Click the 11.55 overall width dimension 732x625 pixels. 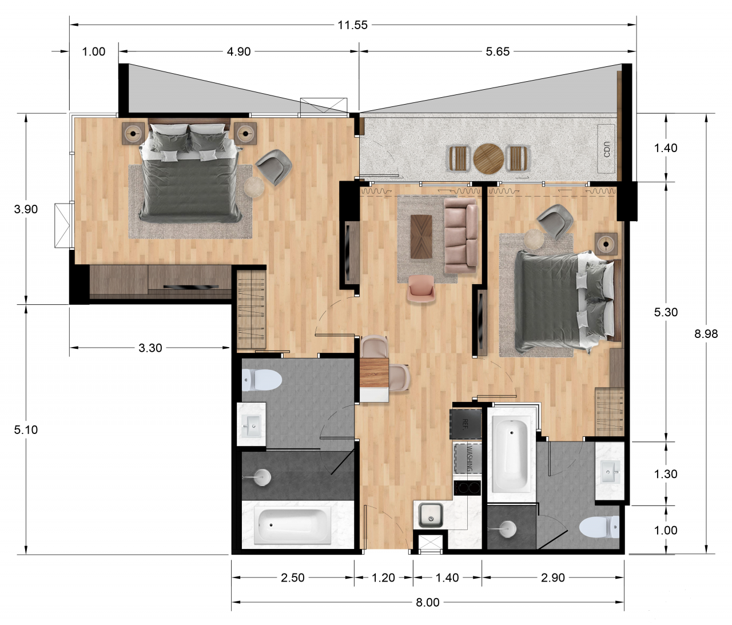(352, 25)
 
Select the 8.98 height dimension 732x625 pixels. (706, 334)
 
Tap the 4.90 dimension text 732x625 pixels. (238, 51)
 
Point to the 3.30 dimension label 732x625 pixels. (150, 348)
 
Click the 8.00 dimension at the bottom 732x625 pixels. (427, 602)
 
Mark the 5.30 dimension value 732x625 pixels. (666, 312)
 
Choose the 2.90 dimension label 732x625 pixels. (552, 578)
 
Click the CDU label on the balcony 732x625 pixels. (607, 149)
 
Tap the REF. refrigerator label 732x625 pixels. (465, 424)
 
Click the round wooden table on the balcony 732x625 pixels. (488, 158)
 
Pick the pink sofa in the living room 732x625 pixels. (460, 234)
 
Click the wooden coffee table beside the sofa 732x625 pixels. (421, 236)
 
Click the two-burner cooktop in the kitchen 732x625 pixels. (467, 488)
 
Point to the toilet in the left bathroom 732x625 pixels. (262, 380)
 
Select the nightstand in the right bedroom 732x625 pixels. (606, 244)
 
